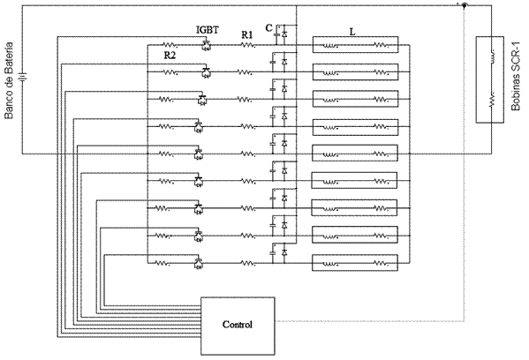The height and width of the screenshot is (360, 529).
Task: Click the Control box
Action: click(238, 326)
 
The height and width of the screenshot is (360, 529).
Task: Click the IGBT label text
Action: click(208, 30)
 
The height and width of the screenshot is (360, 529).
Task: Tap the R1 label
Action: click(247, 35)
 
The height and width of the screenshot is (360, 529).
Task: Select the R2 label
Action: click(170, 56)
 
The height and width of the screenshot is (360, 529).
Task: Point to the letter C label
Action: click(268, 28)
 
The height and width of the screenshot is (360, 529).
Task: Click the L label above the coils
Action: click(352, 32)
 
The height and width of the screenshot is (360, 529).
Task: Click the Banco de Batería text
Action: click(9, 80)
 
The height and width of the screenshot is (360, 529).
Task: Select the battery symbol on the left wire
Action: click(23, 79)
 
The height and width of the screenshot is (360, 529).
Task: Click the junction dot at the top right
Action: click(465, 5)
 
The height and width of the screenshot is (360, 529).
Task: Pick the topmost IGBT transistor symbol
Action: click(206, 45)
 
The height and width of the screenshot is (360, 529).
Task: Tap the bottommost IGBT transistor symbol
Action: click(199, 264)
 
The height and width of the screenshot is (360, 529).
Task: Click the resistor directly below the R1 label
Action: click(247, 45)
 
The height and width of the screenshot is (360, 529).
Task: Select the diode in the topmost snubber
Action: click(284, 34)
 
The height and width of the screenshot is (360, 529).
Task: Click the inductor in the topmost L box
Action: click(329, 45)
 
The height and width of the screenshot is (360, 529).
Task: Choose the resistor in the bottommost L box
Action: click(381, 263)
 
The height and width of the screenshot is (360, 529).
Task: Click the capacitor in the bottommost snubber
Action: click(273, 252)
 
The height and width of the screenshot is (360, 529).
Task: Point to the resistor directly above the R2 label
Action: click(170, 45)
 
